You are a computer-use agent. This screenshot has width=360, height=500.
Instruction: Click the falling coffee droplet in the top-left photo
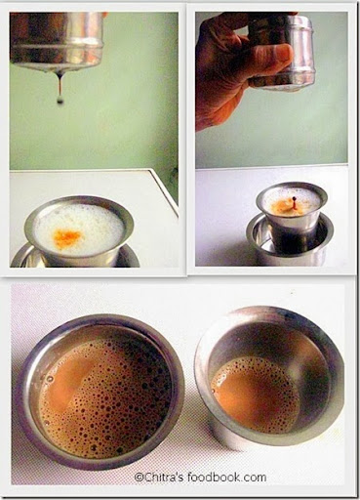pyautogui.click(x=60, y=101)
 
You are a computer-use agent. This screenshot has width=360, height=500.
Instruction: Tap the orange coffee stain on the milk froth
pyautogui.click(x=67, y=235)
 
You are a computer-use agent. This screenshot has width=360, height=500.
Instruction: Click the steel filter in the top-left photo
pyautogui.click(x=58, y=40)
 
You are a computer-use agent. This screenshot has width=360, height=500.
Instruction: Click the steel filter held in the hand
pyautogui.click(x=284, y=52)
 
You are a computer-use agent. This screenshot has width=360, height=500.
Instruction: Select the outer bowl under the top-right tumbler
pyautogui.click(x=290, y=241)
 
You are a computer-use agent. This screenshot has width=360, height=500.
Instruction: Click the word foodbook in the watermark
pyautogui.click(x=214, y=478)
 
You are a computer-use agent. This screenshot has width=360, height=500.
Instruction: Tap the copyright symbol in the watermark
pyautogui.click(x=139, y=478)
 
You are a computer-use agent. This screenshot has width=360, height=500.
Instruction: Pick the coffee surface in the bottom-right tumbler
pyautogui.click(x=256, y=394)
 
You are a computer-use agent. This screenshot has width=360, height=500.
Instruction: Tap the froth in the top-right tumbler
pyautogui.click(x=291, y=202)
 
